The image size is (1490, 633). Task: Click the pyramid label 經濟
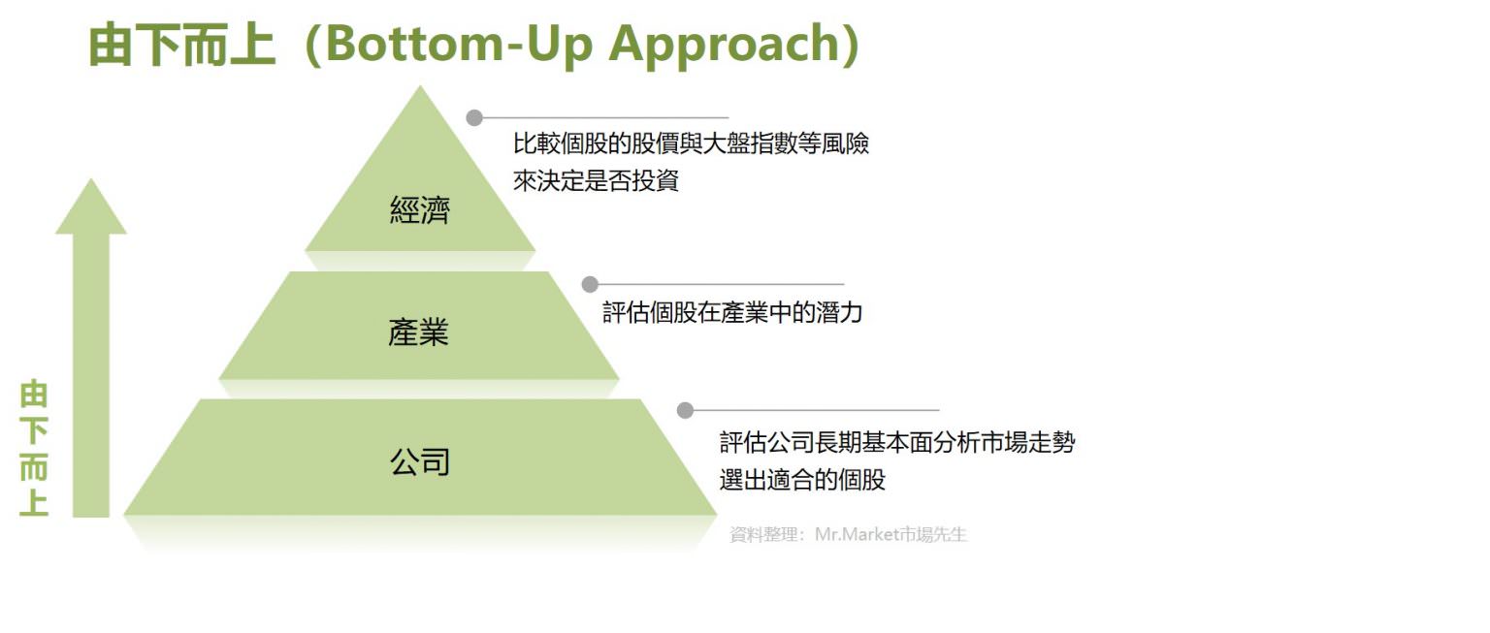coord(420,210)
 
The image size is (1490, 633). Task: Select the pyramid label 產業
coord(418,333)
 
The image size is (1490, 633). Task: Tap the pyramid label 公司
coord(420,461)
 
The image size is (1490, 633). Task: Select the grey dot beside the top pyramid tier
coord(474,118)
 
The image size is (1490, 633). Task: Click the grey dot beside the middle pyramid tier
coord(590,284)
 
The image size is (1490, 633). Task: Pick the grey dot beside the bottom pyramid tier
coord(685,410)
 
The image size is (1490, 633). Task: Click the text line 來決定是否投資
coord(596,180)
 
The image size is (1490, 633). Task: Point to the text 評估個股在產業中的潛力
coord(732,313)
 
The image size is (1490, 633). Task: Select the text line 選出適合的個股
coord(802,479)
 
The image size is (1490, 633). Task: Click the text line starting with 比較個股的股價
coord(691,144)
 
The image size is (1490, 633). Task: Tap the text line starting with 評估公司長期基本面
coord(897,443)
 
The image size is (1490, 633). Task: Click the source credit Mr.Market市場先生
coord(891,534)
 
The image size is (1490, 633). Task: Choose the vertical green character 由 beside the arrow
coord(34,396)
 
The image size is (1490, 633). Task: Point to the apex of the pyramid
coord(420,88)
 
